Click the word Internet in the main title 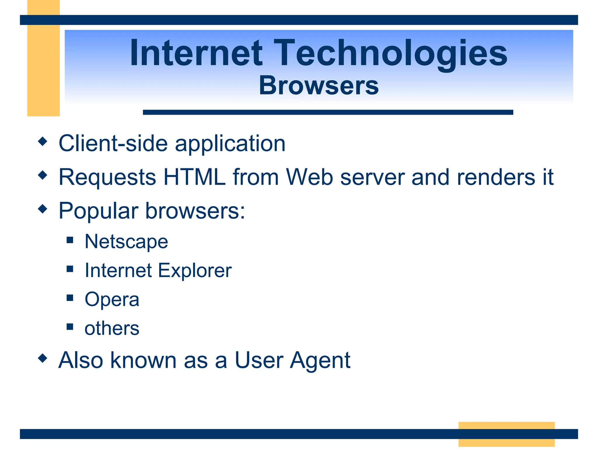(x=196, y=53)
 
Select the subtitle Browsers (x=319, y=86)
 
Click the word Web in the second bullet (x=309, y=177)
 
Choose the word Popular (x=98, y=211)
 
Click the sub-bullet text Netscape (x=126, y=242)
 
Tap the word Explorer (x=195, y=271)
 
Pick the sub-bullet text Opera (x=112, y=300)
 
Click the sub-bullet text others (x=112, y=328)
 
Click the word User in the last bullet (x=259, y=360)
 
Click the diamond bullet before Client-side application (x=43, y=141)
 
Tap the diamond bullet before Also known (x=43, y=358)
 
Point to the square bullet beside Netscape (x=70, y=240)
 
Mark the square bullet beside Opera (x=70, y=298)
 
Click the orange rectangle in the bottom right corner (x=506, y=434)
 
